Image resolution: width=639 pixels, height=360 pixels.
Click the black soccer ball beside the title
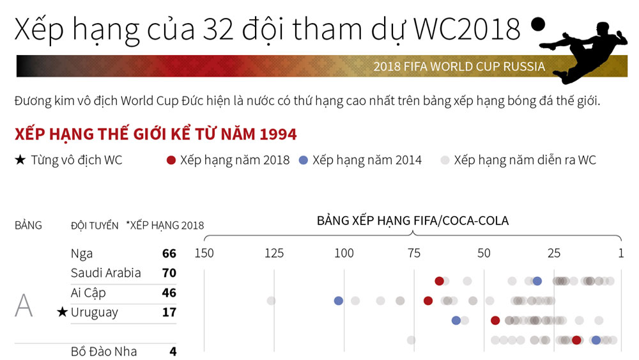coord(538,24)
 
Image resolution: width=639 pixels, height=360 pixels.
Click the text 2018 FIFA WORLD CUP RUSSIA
coord(459,67)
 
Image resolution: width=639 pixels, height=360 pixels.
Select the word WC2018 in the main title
coord(466,29)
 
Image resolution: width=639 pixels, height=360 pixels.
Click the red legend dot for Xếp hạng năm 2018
coord(171,160)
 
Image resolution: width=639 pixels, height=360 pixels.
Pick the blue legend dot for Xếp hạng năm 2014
coord(303,160)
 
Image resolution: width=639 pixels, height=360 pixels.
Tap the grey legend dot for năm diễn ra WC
coord(445,160)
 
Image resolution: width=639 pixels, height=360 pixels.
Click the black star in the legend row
coord(20,160)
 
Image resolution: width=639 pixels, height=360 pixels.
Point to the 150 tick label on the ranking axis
coord(204,253)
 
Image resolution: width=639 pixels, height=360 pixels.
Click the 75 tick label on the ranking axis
coord(414,253)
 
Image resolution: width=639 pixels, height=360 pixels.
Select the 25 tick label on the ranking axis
coord(554,253)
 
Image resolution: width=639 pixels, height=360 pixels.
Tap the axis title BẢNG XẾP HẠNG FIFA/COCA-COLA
coord(413,221)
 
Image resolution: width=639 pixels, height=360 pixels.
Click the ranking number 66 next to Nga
coord(169,254)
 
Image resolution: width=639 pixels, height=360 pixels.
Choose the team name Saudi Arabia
coord(105,273)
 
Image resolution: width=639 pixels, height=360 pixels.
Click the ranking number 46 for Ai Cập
coord(169,293)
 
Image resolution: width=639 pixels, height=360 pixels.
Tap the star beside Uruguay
coord(62,312)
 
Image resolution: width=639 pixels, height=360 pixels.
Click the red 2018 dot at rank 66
coord(439,281)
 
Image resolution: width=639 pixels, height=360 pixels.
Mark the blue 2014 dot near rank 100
coord(338,301)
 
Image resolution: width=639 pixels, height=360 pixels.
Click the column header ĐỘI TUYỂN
coord(95,226)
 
